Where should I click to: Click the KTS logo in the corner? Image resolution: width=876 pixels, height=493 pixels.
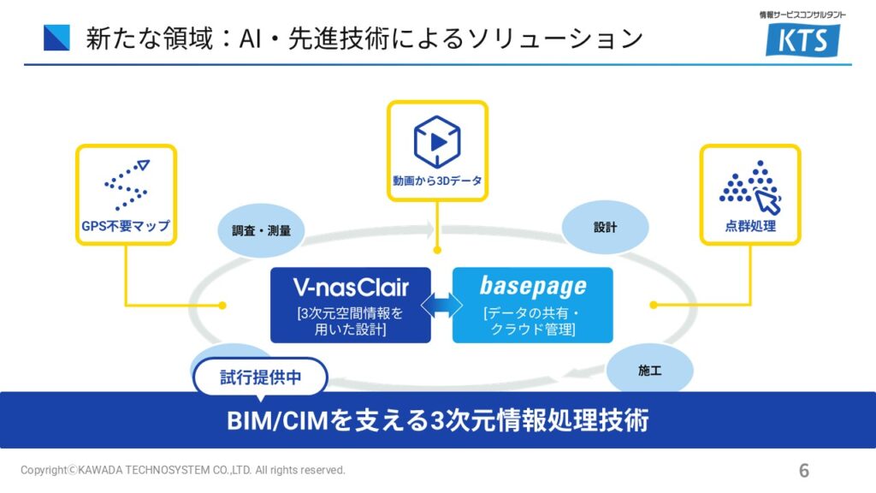[x=802, y=39]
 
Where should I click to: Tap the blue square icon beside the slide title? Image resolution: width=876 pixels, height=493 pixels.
[x=56, y=39]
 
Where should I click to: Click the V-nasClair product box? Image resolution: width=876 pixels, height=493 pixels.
[x=351, y=305]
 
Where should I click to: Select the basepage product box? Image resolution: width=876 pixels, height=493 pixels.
[x=532, y=305]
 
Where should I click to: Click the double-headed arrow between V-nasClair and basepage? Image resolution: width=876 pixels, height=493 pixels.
[x=441, y=305]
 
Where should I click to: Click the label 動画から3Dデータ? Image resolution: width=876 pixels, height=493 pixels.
[x=437, y=181]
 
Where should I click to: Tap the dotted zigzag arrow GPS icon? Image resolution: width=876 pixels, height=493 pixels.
[x=126, y=183]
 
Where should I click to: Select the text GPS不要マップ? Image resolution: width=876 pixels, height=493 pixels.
[x=126, y=227]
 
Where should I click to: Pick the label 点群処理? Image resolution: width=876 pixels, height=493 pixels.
[x=750, y=227]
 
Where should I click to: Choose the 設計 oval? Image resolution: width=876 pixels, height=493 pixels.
[x=605, y=228]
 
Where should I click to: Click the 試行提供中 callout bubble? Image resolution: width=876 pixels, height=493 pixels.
[x=261, y=377]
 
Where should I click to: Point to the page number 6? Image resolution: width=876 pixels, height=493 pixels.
[x=804, y=470]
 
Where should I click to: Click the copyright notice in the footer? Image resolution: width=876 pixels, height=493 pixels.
[x=183, y=470]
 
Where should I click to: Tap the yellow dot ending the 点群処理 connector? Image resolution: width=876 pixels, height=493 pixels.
[x=653, y=305]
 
